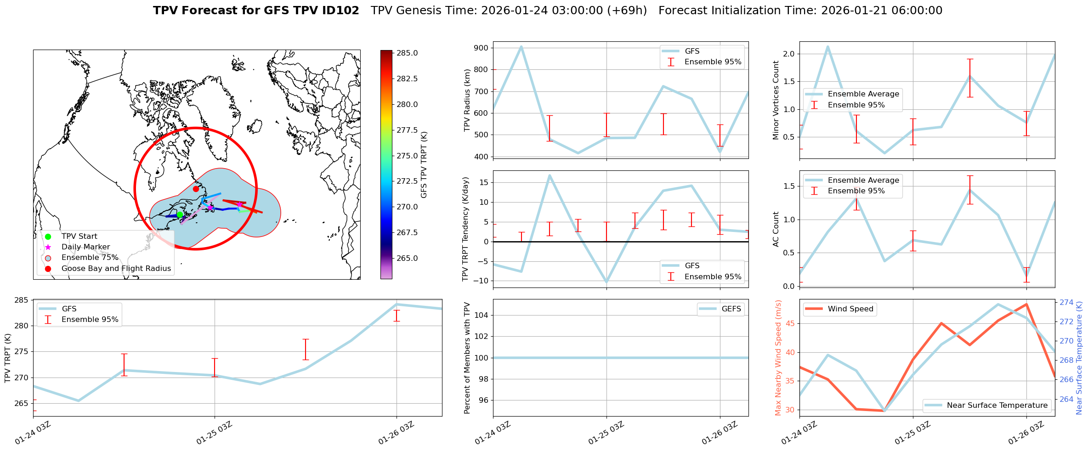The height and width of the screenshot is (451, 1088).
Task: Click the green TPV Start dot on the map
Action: (180, 214)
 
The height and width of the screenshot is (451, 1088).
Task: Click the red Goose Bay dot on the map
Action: (196, 189)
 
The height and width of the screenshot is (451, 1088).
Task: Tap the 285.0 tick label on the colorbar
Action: (407, 53)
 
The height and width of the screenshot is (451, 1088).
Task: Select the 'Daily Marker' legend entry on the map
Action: (85, 247)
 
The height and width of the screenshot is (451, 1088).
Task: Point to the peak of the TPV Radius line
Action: (521, 46)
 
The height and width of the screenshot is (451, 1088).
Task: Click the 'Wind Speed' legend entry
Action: (850, 309)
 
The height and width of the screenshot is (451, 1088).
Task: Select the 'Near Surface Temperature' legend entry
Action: (997, 405)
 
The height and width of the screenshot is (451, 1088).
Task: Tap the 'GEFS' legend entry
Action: (731, 309)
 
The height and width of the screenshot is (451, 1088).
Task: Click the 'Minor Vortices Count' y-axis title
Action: (776, 100)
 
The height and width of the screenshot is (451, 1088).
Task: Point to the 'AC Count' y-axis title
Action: (776, 229)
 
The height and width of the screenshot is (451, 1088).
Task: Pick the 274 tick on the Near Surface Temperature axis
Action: (1066, 302)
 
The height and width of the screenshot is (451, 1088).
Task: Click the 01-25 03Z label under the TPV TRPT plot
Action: (214, 433)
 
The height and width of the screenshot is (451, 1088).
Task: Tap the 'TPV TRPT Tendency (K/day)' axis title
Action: (465, 229)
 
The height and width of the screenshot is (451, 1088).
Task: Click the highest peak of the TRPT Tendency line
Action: (550, 175)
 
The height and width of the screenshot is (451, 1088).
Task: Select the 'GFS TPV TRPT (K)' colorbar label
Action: (424, 164)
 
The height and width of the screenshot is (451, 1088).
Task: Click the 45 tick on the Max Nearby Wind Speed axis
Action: (789, 323)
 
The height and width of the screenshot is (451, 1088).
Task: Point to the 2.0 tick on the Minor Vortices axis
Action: (789, 54)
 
